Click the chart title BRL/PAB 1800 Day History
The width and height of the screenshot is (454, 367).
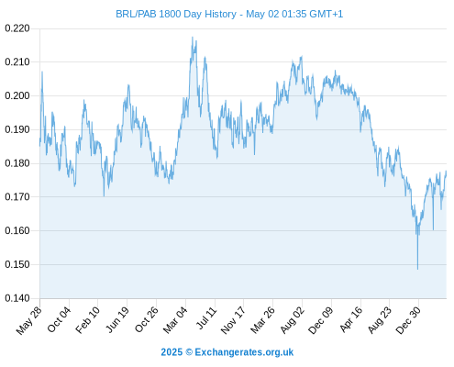click(176, 14)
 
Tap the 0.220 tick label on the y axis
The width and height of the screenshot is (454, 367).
click(17, 28)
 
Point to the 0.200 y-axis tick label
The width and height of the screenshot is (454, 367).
click(17, 96)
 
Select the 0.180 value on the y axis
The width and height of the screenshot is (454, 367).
click(17, 163)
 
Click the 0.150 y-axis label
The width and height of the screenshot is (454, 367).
click(17, 264)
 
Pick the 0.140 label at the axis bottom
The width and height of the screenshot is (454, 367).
click(17, 298)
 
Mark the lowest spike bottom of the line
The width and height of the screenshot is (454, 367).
click(417, 270)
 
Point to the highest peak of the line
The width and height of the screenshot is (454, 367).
click(193, 37)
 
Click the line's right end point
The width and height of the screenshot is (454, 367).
click(446, 172)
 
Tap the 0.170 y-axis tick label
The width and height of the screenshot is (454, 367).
click(17, 197)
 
